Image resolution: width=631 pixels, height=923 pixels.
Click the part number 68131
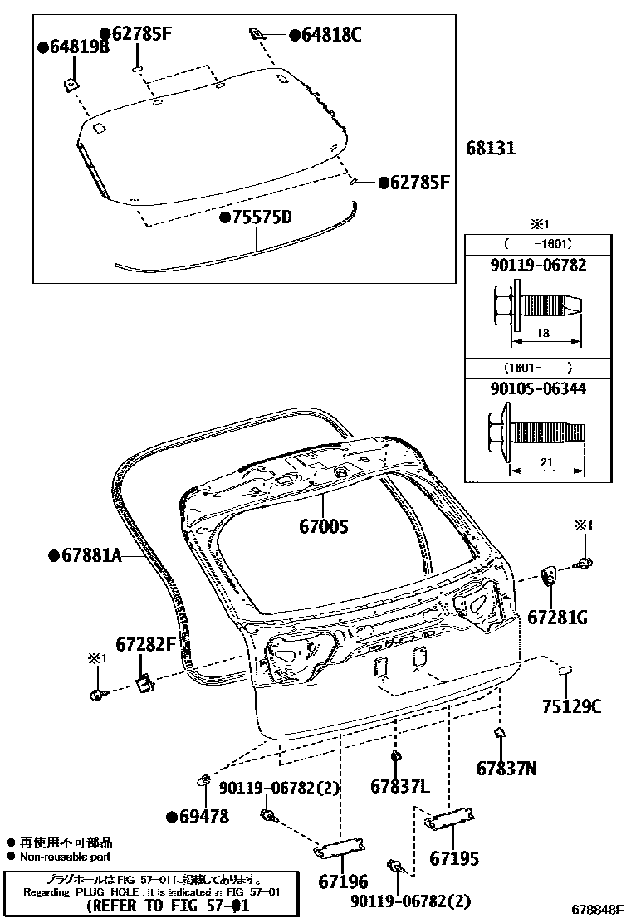coord(491,149)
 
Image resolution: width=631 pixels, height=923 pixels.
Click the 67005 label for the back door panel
coord(324,526)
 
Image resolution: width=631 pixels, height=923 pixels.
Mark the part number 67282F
coord(146,643)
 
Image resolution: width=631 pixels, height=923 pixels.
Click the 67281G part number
coord(558,617)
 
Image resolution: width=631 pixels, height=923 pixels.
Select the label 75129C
coord(572,706)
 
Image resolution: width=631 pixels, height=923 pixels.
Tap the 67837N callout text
coord(506,769)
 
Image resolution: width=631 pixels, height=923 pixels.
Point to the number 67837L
coord(399,785)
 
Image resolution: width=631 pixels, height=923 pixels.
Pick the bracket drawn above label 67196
coord(340,847)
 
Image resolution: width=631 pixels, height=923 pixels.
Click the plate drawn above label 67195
coord(449,822)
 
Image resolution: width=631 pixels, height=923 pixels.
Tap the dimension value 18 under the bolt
coord(544,331)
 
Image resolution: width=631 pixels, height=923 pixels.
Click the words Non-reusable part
coord(65,857)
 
